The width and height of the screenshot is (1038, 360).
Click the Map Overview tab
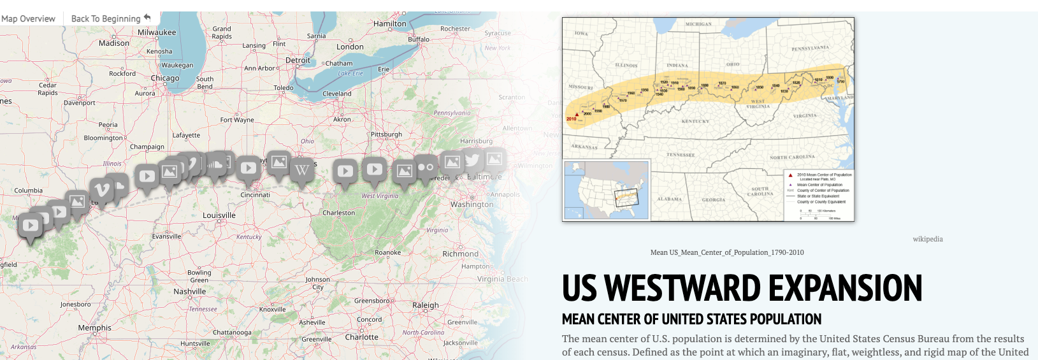pos(29,18)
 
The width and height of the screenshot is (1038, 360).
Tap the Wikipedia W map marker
pos(301,170)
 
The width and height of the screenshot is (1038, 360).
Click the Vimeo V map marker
pos(101,190)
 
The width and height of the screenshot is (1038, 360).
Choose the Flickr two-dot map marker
pos(426,167)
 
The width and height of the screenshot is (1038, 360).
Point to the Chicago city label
pos(165,78)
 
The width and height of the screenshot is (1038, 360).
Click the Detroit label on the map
pos(298,61)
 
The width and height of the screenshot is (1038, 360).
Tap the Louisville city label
pos(219,215)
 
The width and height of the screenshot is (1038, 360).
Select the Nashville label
pos(190,291)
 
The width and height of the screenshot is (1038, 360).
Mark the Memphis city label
pos(95,328)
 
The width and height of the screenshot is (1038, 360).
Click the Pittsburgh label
pos(387,134)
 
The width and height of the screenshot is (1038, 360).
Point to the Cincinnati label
pos(256,195)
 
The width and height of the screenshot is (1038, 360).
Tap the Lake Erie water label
pos(350,73)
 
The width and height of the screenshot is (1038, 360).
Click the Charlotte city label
pos(362,337)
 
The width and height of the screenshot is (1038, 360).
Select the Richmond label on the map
pos(460,254)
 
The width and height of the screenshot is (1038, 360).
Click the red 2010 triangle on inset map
pos(577,115)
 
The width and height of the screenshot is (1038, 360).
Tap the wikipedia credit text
pos(927,239)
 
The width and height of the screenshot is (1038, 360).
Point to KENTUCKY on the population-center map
pos(695,121)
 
